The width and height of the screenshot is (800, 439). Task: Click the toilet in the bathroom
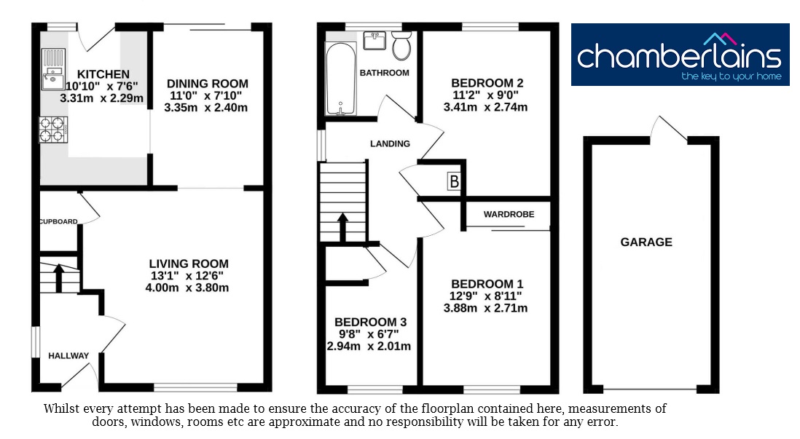402,45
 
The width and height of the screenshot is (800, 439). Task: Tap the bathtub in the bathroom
341,79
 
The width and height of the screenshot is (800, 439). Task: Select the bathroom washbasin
374,41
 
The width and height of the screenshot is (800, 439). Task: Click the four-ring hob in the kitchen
53,129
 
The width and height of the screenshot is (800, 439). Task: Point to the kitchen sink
53,69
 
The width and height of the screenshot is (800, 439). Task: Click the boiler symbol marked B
454,181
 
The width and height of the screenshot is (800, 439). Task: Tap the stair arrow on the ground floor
59,277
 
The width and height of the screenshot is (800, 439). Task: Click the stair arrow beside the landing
342,227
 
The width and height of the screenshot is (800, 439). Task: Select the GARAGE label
646,242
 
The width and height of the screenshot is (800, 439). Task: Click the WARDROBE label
509,214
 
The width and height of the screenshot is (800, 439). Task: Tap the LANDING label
390,143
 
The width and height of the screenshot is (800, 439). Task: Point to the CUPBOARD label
59,221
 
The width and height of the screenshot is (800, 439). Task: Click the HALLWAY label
68,356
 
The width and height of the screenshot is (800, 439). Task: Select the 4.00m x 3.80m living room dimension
187,288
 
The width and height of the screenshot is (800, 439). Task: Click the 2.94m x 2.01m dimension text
369,347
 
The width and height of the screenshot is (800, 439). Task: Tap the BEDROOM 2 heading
487,82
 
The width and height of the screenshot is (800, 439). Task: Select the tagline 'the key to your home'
731,76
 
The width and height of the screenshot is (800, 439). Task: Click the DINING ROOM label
208,84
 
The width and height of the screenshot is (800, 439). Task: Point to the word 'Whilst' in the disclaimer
60,408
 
